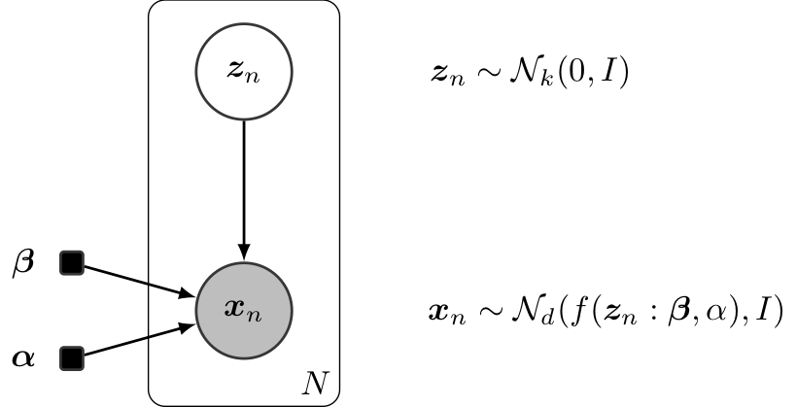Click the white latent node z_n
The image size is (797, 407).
click(x=243, y=73)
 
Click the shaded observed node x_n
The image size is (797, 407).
click(x=243, y=311)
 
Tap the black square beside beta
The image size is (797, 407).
click(x=72, y=261)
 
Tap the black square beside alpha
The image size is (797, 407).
click(x=72, y=359)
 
